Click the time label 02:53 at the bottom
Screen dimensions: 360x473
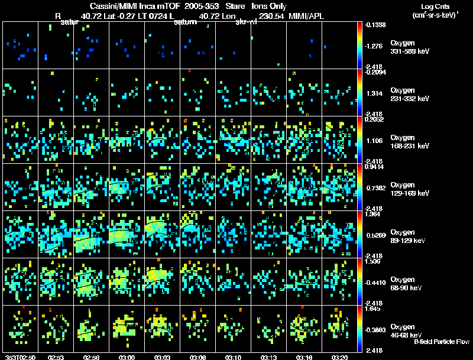coord(56,357)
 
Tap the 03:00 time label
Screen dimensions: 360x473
coord(127,357)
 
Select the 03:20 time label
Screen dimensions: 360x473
coord(339,357)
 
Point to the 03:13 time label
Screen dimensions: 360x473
coord(268,357)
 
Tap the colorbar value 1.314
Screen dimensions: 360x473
coord(375,93)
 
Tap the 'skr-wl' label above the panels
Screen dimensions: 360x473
coord(245,22)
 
